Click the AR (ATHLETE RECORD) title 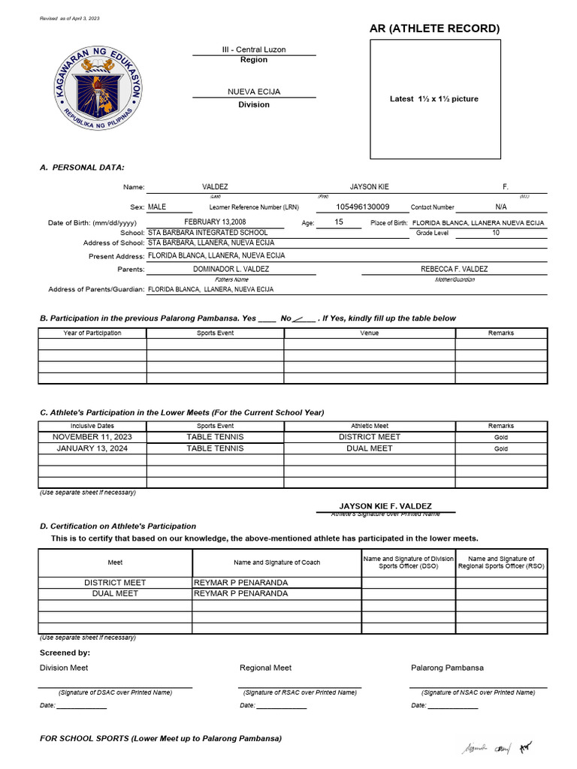(x=434, y=29)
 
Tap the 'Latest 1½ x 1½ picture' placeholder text (x=434, y=99)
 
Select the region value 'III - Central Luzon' (x=253, y=50)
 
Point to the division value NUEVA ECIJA (x=254, y=92)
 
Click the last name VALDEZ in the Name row (x=215, y=186)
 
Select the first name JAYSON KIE (x=369, y=186)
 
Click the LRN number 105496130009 (x=362, y=207)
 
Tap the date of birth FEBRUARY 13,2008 (x=215, y=222)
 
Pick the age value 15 (x=338, y=222)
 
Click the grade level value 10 (x=495, y=233)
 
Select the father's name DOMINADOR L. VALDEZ (x=231, y=269)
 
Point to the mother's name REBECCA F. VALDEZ (x=454, y=269)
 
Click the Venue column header (x=369, y=333)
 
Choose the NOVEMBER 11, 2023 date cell (x=92, y=436)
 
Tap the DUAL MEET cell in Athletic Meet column (x=369, y=448)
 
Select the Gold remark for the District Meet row (x=500, y=437)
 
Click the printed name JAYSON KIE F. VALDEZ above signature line (x=385, y=506)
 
